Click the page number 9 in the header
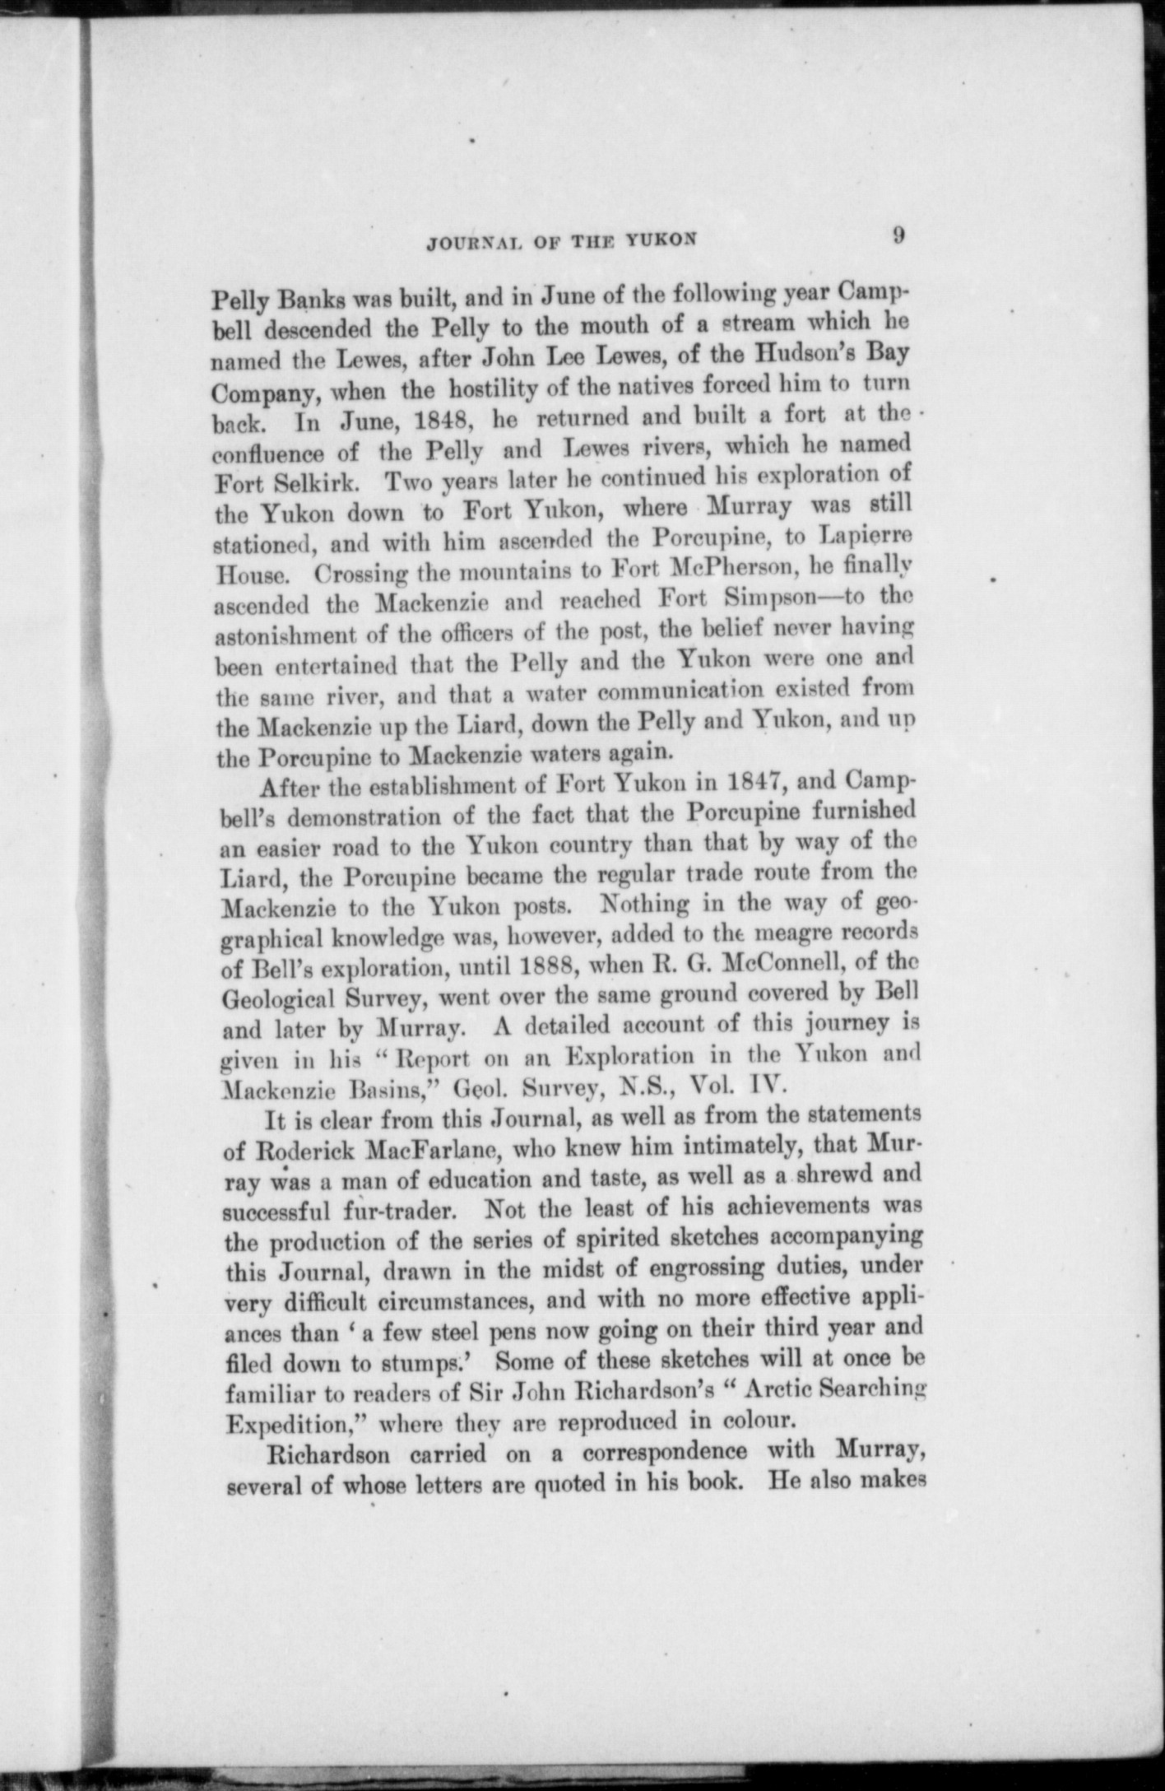click(898, 235)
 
